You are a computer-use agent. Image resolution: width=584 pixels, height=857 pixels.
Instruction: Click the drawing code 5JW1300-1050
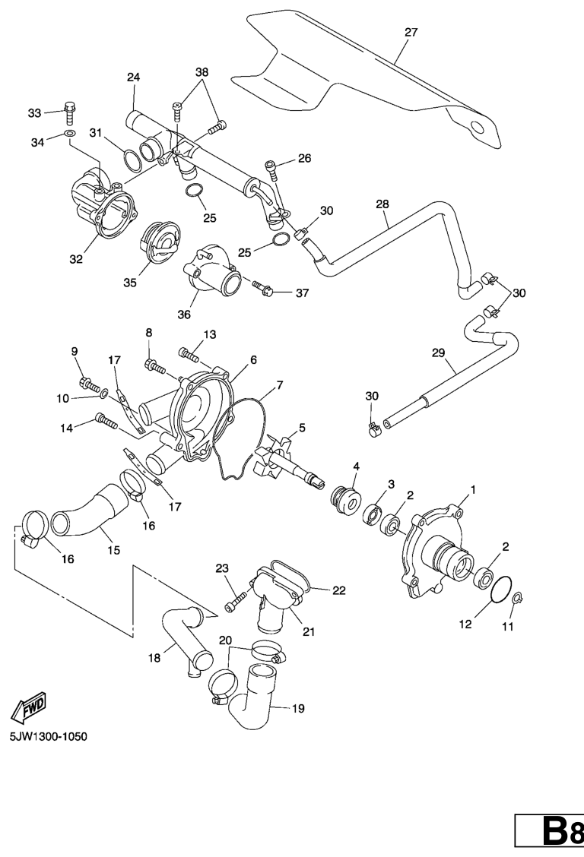[x=48, y=736]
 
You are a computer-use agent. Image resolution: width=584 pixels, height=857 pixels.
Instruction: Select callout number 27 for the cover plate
[x=411, y=32]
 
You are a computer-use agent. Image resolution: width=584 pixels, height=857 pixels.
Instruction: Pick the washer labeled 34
[x=70, y=134]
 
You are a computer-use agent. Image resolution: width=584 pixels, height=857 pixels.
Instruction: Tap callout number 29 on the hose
[x=438, y=353]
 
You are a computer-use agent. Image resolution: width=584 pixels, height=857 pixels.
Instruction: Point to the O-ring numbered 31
[x=132, y=161]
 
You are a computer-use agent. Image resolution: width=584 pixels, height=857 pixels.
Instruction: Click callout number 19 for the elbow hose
[x=299, y=708]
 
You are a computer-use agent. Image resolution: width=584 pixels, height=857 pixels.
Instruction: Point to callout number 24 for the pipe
[x=133, y=77]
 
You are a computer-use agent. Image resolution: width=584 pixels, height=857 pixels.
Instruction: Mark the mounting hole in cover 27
[x=478, y=128]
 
